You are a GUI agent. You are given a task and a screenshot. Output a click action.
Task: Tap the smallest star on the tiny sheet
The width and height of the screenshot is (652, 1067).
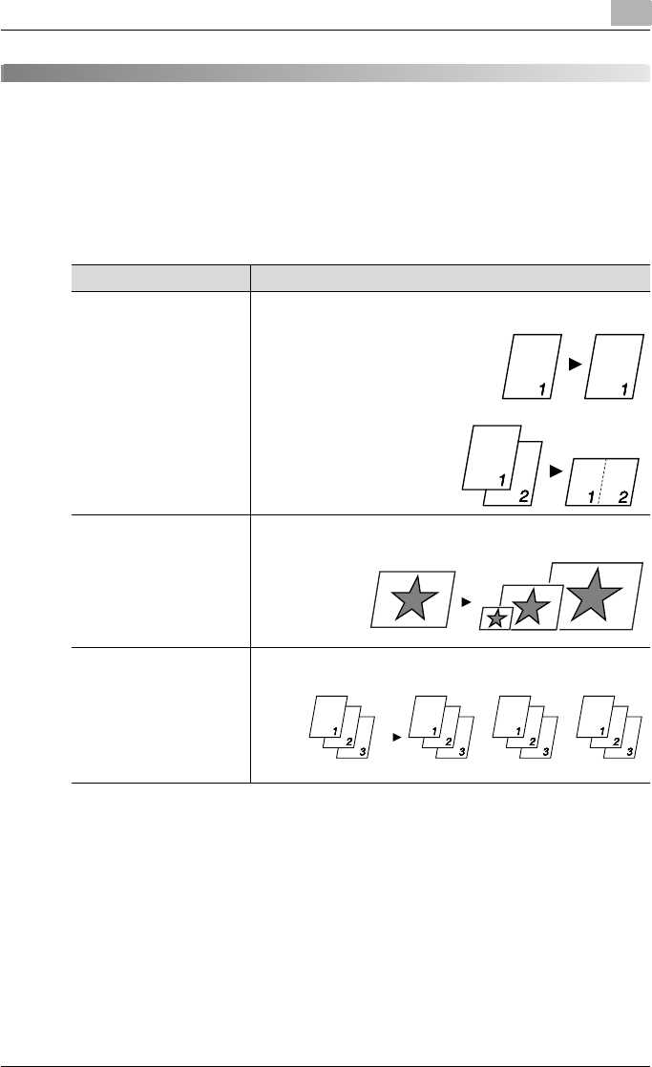495,618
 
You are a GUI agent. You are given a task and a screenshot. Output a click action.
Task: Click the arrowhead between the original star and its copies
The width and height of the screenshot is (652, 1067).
466,602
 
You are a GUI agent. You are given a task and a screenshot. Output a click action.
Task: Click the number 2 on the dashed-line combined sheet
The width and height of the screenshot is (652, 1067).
621,495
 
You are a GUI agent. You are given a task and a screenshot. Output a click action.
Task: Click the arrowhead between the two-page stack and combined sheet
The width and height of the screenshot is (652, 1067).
555,471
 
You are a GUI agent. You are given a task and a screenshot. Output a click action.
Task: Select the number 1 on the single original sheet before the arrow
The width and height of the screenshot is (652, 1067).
541,388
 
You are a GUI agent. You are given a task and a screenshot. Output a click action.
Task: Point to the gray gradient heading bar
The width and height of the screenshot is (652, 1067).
325,73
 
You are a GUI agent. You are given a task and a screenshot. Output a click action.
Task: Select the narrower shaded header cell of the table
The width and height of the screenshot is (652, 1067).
160,278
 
